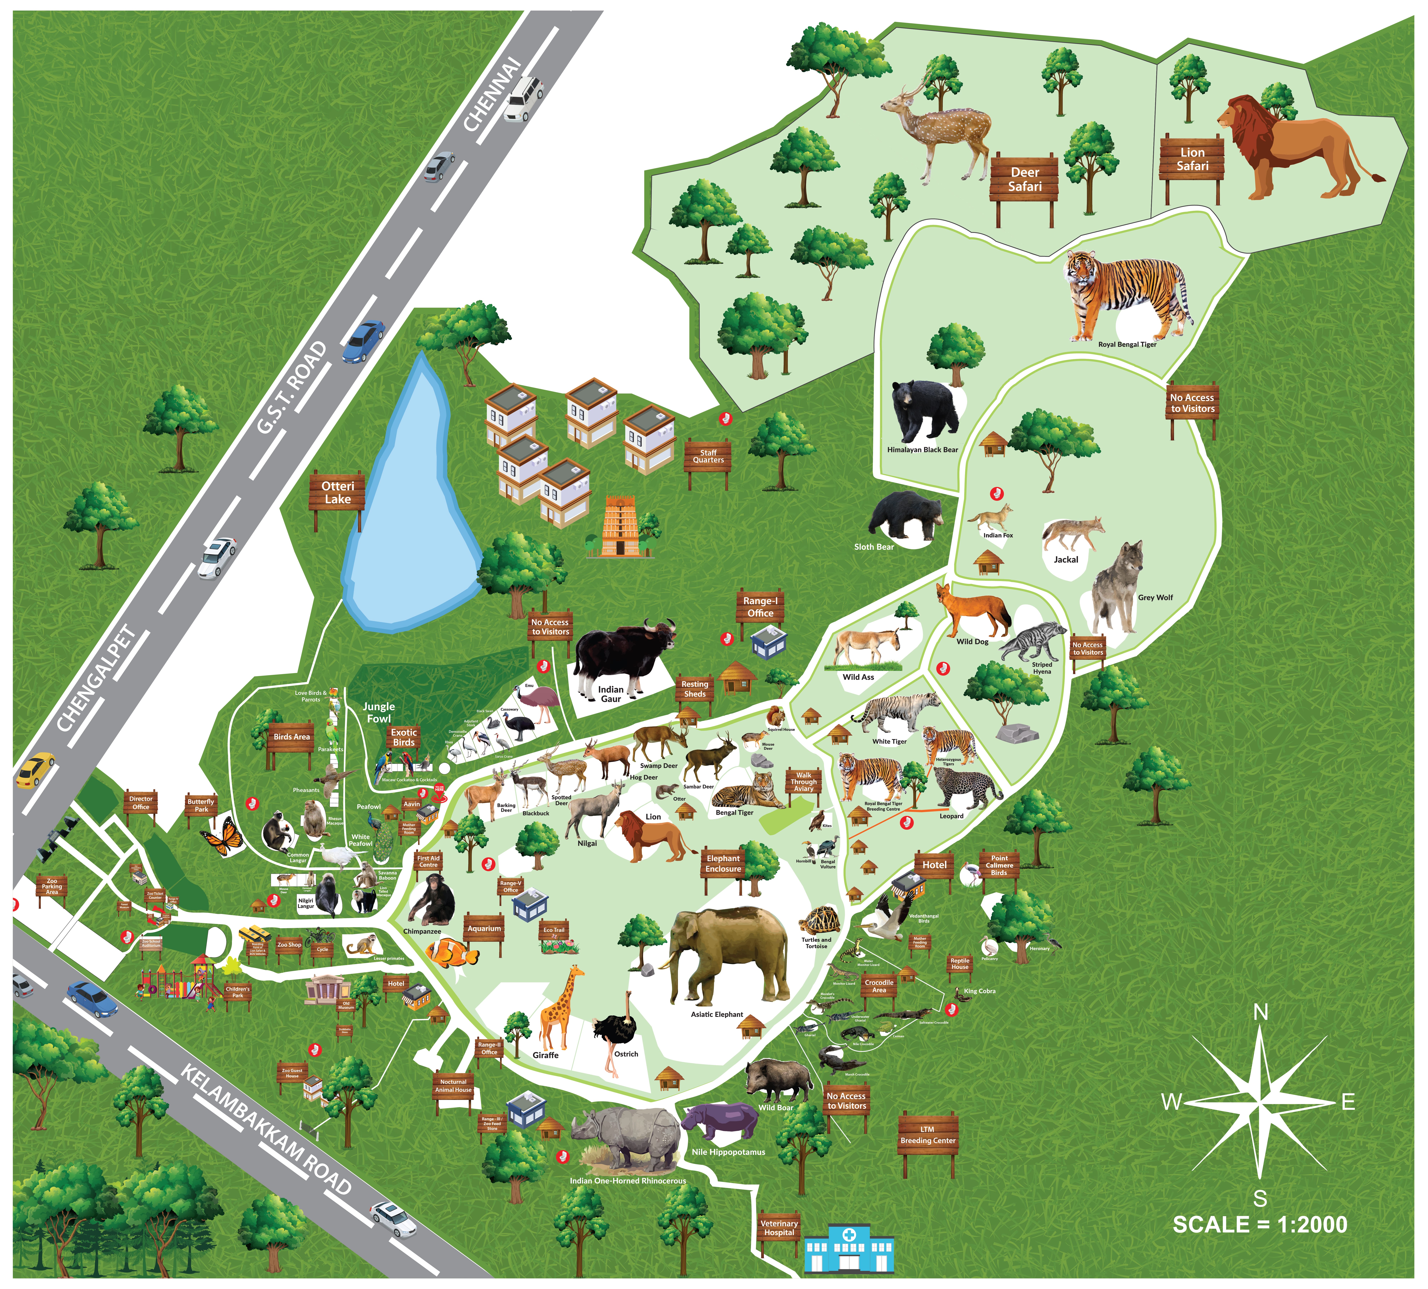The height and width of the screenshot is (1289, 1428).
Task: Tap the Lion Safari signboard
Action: point(1192,159)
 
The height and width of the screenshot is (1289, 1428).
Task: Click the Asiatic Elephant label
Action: point(717,1014)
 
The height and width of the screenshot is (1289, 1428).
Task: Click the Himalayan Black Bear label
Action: point(922,450)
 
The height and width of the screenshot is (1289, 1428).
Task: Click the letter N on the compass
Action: point(1261,1013)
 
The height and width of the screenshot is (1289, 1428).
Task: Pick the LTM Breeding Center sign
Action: point(928,1135)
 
